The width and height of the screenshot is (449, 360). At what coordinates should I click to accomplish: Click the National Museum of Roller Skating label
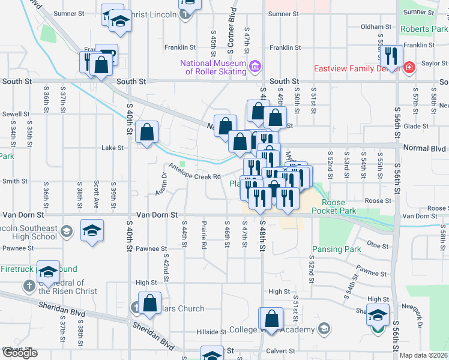[x=215, y=68]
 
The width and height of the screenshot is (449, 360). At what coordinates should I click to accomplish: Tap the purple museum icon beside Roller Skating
[x=255, y=65]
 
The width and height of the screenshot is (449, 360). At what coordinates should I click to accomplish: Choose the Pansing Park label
[x=336, y=249]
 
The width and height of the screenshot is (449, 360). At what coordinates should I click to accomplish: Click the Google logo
[x=20, y=353]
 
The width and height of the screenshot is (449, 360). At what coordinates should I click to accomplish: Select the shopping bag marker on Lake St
[x=147, y=131]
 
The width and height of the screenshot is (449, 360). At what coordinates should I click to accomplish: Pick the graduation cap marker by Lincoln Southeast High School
[x=92, y=230]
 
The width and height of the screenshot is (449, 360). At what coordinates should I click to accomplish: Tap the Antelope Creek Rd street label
[x=195, y=171]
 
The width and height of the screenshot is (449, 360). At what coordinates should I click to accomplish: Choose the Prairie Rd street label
[x=203, y=235]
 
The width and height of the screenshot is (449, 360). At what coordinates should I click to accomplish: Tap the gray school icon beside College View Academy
[x=324, y=329]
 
